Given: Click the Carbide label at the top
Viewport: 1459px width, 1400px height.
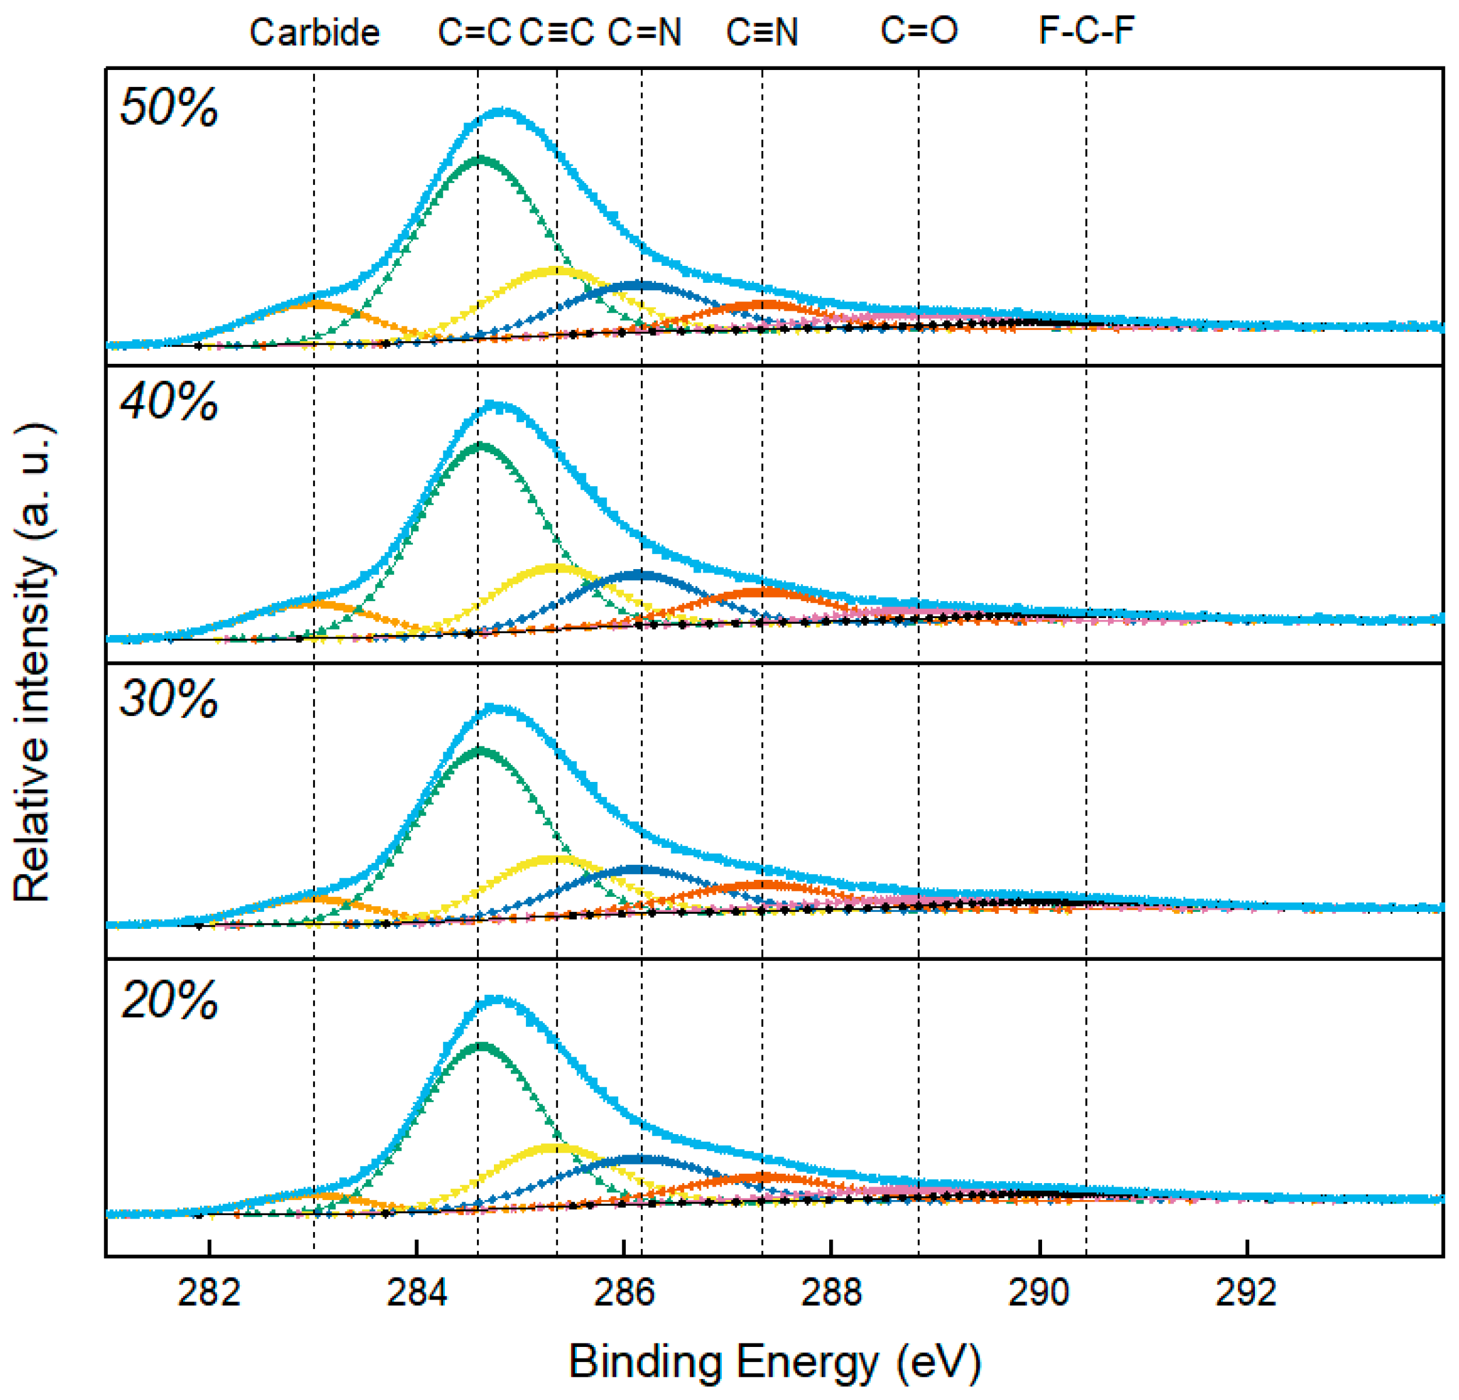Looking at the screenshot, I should click(x=314, y=33).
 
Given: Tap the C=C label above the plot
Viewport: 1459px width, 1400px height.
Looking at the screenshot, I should click(x=474, y=33).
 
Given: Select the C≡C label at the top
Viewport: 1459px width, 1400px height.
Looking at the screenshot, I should click(x=557, y=33).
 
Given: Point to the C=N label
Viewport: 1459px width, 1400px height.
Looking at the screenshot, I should click(x=644, y=33).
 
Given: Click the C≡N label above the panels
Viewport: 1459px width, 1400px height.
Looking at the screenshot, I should click(x=762, y=33).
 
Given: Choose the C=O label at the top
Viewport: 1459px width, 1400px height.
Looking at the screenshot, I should click(x=920, y=31).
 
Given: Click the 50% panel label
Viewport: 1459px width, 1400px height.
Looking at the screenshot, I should click(x=169, y=107).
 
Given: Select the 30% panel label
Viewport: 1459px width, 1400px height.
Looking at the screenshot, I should click(x=169, y=699).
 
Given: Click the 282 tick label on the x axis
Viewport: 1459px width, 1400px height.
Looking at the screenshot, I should click(x=209, y=1293).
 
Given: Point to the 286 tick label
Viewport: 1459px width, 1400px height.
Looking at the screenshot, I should click(x=624, y=1293).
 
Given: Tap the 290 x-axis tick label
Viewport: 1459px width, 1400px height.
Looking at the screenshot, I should click(x=1039, y=1293).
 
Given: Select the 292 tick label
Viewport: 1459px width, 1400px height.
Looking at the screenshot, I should click(x=1246, y=1293).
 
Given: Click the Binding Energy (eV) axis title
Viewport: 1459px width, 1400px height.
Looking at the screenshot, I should click(x=775, y=1362).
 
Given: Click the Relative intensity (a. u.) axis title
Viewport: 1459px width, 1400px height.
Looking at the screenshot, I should click(x=33, y=662).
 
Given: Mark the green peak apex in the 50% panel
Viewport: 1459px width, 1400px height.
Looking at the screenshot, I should click(x=480, y=159).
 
